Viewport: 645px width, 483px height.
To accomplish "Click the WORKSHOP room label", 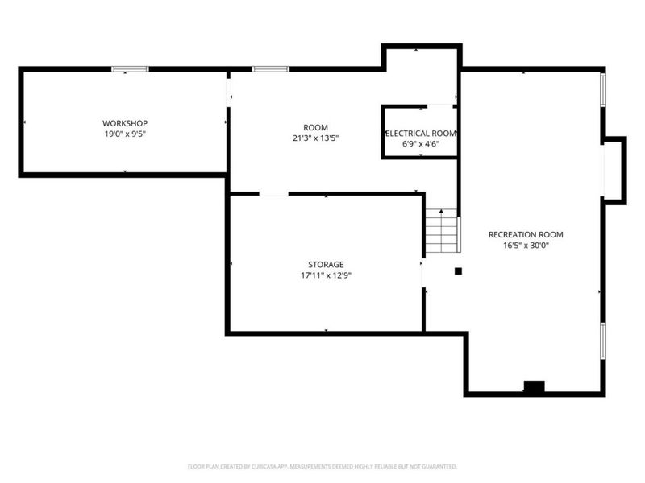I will (x=124, y=123).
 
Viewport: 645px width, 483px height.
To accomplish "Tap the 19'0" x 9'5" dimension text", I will (x=124, y=134).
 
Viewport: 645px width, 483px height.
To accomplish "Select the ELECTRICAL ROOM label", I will (x=421, y=133).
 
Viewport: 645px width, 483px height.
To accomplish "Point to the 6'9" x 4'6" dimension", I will (x=421, y=144).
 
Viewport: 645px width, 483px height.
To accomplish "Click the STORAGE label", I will (x=326, y=264).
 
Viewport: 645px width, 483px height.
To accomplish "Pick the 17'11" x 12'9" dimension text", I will (x=326, y=275).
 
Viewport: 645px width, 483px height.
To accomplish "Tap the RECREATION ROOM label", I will (x=526, y=234).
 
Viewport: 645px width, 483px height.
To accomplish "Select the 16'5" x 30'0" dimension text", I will (x=526, y=246).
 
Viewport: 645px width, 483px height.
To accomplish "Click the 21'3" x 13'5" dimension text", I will (x=315, y=138).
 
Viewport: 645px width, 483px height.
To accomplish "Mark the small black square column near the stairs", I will (x=458, y=271).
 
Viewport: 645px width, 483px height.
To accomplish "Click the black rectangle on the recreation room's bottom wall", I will (x=534, y=387).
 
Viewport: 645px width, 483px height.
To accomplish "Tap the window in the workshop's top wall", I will (x=130, y=70).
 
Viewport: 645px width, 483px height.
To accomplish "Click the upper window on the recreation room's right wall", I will (x=602, y=89).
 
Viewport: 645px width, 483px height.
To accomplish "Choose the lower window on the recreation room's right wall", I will (x=602, y=342).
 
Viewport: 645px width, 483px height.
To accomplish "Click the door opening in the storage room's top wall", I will (x=273, y=194).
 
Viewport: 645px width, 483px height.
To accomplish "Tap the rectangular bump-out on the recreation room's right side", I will (x=614, y=169).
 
